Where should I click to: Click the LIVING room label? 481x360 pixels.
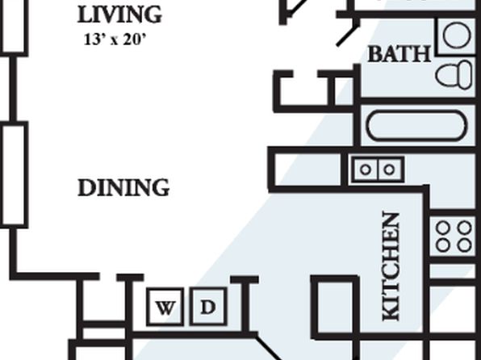click(x=119, y=15)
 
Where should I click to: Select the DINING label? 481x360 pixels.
click(x=123, y=187)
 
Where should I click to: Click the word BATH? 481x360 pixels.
click(x=399, y=54)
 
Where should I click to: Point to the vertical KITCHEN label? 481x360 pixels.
click(x=391, y=266)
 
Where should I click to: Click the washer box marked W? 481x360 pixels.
click(x=165, y=307)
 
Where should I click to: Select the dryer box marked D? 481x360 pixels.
click(x=208, y=307)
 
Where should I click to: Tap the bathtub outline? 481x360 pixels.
click(x=416, y=126)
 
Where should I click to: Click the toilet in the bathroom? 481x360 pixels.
click(x=454, y=74)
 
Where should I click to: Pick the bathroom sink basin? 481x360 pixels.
click(x=457, y=36)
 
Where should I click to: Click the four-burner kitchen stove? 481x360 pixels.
click(x=453, y=237)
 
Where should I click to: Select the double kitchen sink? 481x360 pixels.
click(x=378, y=170)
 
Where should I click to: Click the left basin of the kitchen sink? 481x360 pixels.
click(x=366, y=170)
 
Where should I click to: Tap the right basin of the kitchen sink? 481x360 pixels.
click(x=390, y=170)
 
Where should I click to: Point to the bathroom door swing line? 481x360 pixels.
click(x=348, y=36)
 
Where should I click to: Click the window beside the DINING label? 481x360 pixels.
click(x=14, y=174)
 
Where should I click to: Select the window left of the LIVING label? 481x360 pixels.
click(x=14, y=27)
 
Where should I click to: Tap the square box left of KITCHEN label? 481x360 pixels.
click(x=336, y=308)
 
